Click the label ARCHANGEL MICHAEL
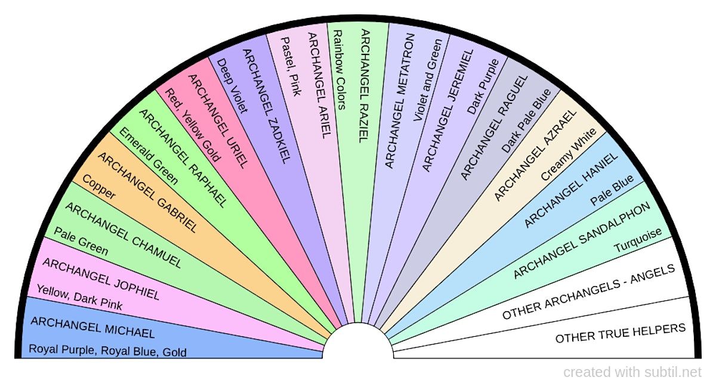(x=92, y=327)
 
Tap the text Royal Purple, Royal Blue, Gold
(x=108, y=351)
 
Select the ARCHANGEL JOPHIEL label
(x=101, y=279)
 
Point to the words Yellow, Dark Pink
(x=79, y=297)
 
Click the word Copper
(x=98, y=187)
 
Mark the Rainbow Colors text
(x=338, y=70)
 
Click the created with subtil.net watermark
(x=632, y=373)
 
